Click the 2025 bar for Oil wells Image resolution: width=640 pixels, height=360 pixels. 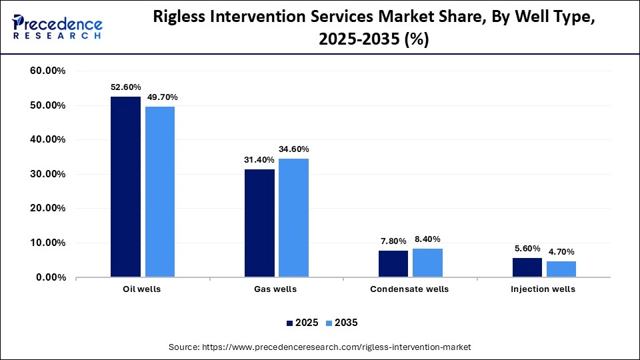click(x=125, y=187)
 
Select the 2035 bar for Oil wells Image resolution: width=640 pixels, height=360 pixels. click(x=160, y=191)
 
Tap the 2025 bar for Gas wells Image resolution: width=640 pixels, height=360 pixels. click(x=259, y=223)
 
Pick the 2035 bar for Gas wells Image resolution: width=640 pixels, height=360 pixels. click(x=294, y=217)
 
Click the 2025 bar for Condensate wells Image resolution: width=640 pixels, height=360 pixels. click(x=393, y=263)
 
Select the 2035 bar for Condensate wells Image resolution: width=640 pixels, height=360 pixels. click(x=427, y=263)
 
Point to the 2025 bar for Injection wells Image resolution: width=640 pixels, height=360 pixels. click(x=527, y=267)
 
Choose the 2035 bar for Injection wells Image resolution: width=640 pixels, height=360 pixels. click(x=561, y=269)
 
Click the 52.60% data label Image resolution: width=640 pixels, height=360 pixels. click(x=125, y=87)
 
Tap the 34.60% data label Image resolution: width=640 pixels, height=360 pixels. click(x=294, y=149)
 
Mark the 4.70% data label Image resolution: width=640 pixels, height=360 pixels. click(x=561, y=252)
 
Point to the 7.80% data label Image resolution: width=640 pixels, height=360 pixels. click(x=393, y=241)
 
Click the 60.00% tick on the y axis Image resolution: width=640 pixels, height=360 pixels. click(x=47, y=71)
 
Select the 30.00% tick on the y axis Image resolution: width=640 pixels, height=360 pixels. click(x=47, y=174)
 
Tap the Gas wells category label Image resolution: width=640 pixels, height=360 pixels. click(x=276, y=289)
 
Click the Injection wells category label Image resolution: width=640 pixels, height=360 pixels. click(x=543, y=289)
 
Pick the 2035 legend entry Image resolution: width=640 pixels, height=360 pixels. click(x=342, y=323)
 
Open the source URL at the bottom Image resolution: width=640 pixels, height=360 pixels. click(x=320, y=347)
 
